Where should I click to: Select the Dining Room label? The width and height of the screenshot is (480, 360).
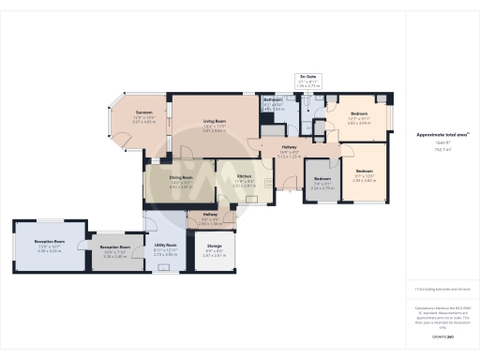point(181,177)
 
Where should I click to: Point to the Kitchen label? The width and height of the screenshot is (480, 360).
point(244,177)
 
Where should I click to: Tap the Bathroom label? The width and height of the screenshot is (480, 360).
point(273,99)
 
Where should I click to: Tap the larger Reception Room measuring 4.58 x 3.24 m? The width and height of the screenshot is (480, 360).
point(49,242)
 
